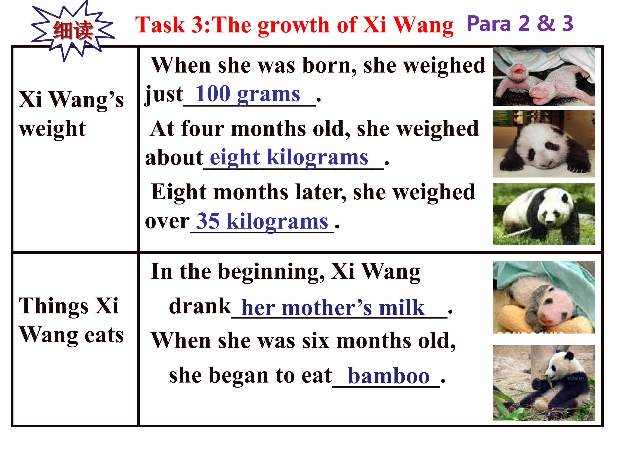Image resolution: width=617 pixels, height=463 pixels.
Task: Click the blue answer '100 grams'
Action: pos(247,94)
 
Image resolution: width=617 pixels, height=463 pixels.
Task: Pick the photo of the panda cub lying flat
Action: pos(544,144)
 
